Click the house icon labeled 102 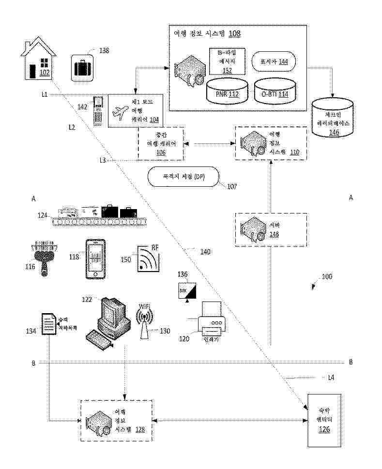point(39,61)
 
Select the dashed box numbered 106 point(161,144)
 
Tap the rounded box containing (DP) point(183,177)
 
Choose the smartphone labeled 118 point(95,258)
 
